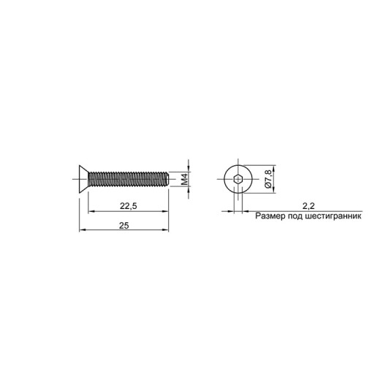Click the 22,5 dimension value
point(129,206)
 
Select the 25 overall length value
point(123,226)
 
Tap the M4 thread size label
point(185,179)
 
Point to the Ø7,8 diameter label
point(267,179)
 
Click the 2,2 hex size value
point(308,206)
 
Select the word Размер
point(270,216)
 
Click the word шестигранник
point(333,216)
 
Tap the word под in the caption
point(295,216)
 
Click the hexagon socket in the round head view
point(237,179)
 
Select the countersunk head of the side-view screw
point(83,179)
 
